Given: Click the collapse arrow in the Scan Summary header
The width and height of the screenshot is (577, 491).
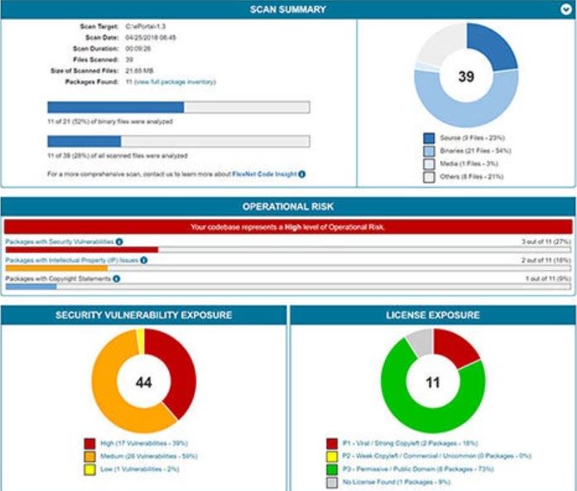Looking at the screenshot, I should (x=566, y=10).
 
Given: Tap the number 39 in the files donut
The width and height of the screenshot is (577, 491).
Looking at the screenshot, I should (x=466, y=76).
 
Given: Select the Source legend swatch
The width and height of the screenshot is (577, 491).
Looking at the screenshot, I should (x=429, y=137).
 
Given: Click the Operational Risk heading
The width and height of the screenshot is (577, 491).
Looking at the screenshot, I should (x=288, y=205).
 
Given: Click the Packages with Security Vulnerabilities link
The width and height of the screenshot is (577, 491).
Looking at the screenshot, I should (x=59, y=241).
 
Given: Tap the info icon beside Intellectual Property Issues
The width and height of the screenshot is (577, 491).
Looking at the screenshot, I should (x=143, y=260).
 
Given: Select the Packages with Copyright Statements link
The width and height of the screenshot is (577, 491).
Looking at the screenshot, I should (x=57, y=279).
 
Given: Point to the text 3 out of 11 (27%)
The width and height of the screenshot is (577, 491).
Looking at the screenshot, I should (x=546, y=241).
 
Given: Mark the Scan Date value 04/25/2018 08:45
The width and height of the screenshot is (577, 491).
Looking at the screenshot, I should (x=150, y=37).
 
